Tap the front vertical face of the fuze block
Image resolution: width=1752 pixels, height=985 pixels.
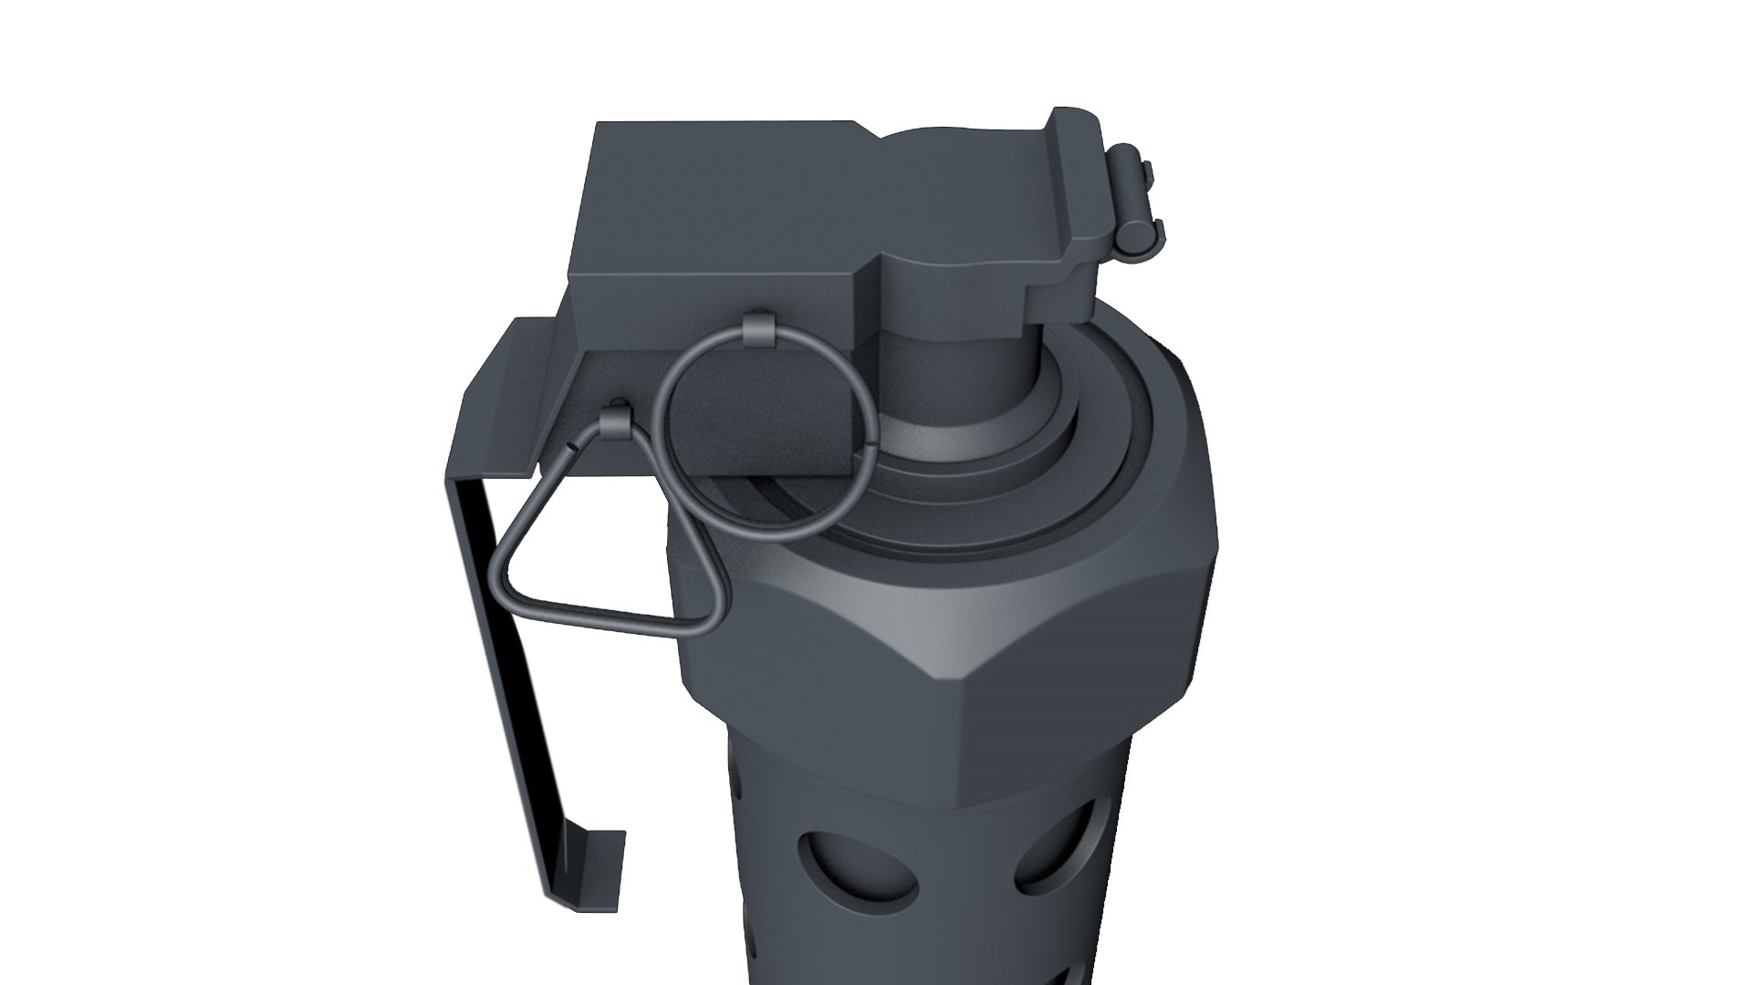click(712, 310)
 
